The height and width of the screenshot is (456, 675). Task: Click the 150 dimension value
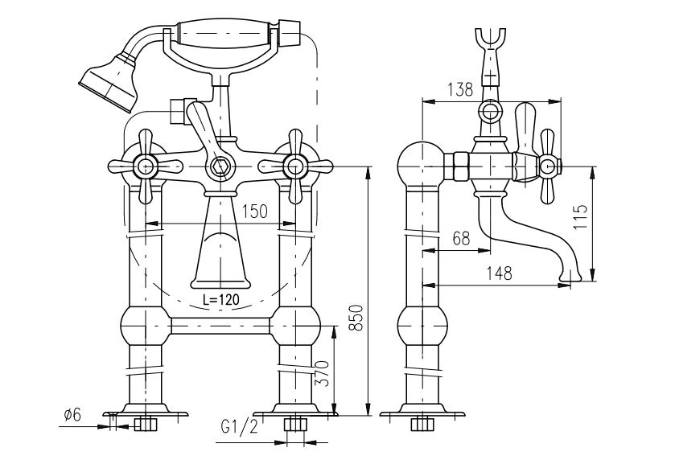[255, 212]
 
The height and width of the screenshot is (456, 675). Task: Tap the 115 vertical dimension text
[581, 218]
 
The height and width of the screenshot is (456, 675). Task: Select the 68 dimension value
[460, 238]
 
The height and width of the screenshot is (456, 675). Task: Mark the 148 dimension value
[499, 273]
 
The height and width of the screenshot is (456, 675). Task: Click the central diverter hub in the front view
[220, 169]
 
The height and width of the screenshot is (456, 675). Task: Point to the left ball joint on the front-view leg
[146, 326]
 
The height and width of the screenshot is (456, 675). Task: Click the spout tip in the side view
[570, 277]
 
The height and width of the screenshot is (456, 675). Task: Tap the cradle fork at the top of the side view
[490, 39]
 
